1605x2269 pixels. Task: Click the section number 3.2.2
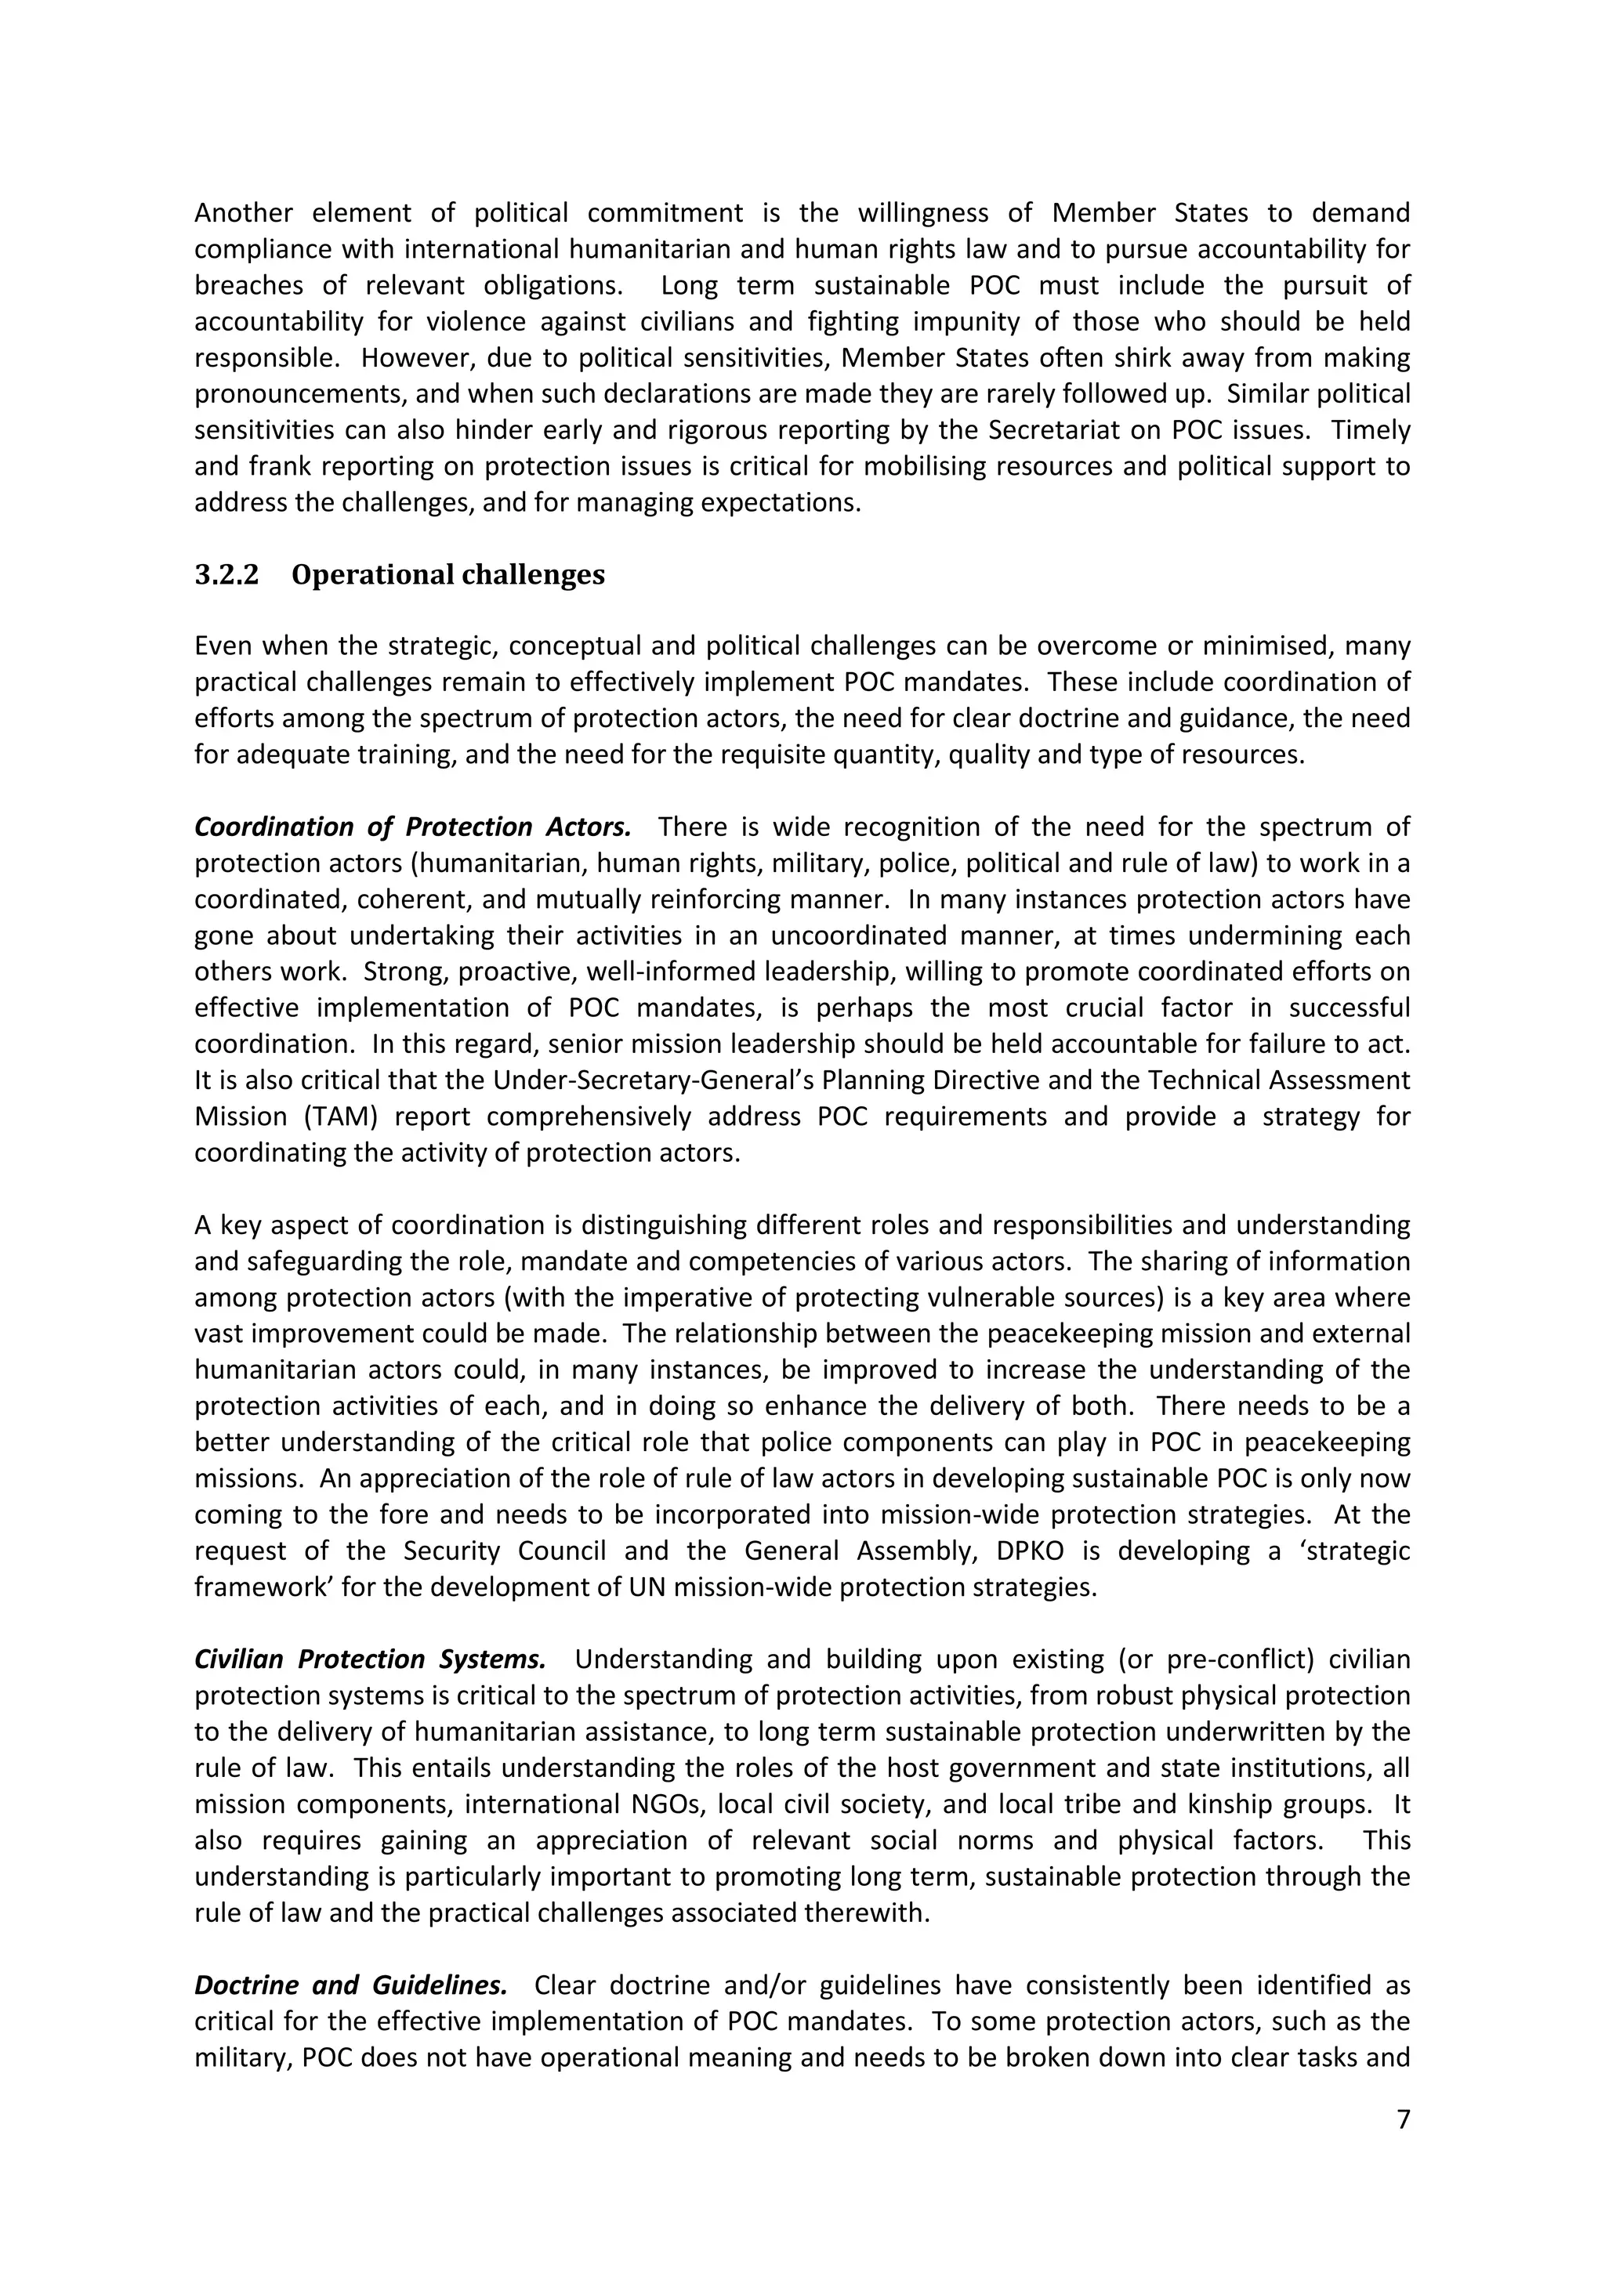[x=226, y=575]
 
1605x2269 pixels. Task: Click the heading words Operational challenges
[x=447, y=575]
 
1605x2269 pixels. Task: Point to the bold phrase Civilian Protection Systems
[x=370, y=1659]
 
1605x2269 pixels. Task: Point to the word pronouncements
[x=299, y=394]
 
